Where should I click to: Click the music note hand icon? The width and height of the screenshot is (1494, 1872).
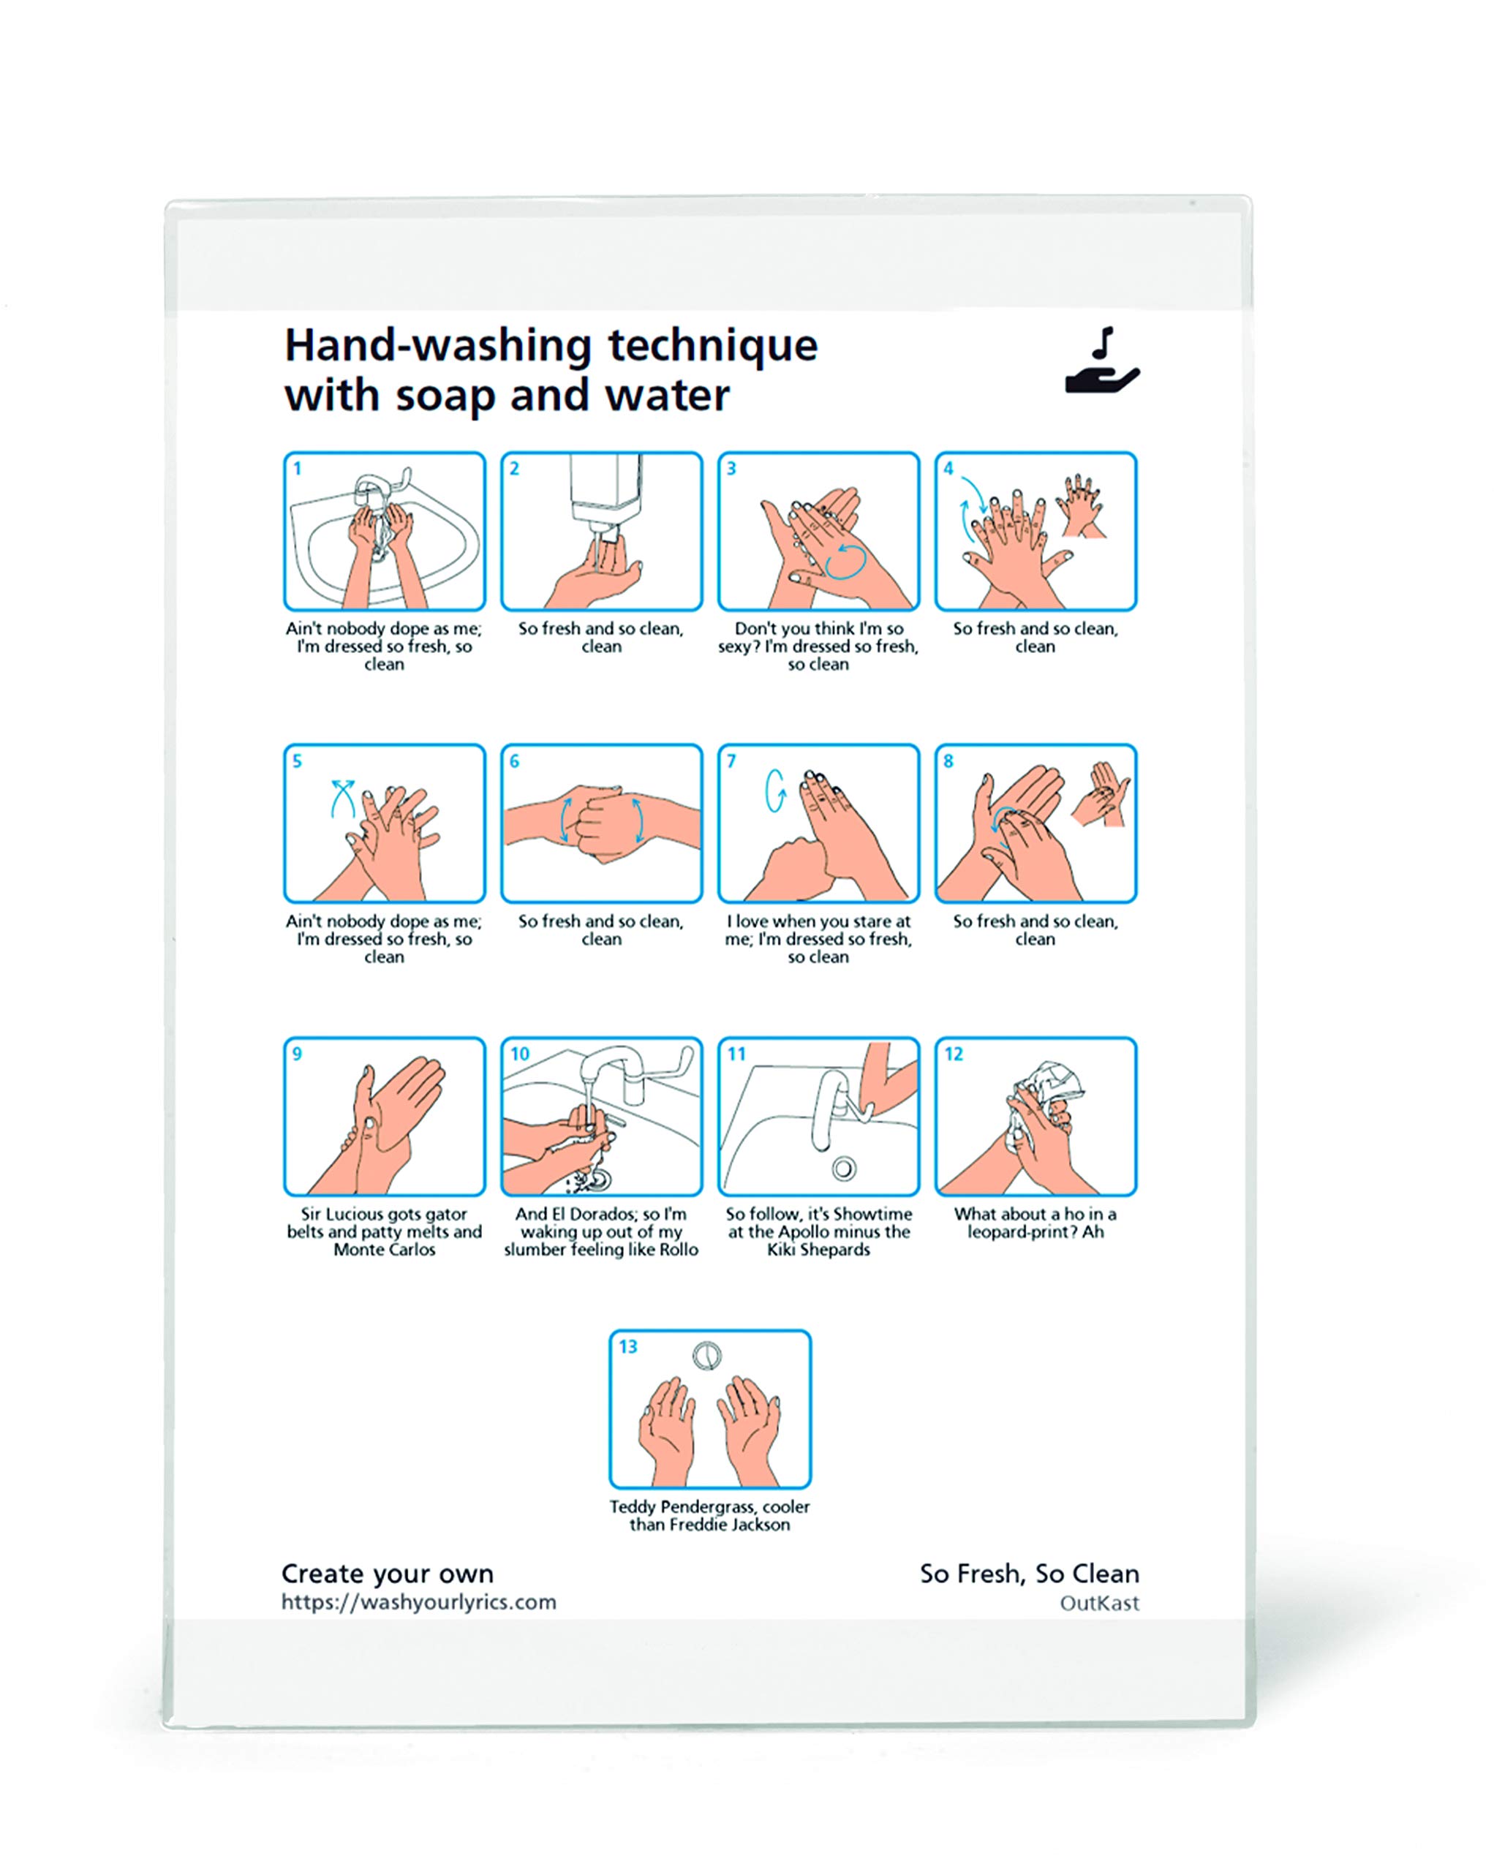(x=1101, y=361)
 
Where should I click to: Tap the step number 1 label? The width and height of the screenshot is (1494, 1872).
(x=298, y=469)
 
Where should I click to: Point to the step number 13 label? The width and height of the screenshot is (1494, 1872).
(x=627, y=1347)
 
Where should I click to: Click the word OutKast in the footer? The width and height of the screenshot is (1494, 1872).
(x=1099, y=1604)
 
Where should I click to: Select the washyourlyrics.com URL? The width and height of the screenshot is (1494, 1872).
(x=418, y=1603)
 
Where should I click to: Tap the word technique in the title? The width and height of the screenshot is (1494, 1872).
(x=712, y=346)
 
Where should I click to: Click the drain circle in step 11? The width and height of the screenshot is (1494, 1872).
(x=844, y=1169)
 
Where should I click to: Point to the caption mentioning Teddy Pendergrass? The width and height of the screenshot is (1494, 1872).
(x=709, y=1516)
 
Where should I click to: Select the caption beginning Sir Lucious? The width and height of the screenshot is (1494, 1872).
(x=384, y=1232)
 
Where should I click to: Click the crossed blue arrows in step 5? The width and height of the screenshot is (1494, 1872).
(x=343, y=797)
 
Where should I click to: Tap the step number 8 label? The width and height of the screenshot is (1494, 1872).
(x=948, y=761)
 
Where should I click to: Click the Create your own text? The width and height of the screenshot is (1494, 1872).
(x=387, y=1574)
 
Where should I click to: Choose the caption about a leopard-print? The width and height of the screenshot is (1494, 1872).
(x=1035, y=1223)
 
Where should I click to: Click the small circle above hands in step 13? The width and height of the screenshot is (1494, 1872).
(x=707, y=1356)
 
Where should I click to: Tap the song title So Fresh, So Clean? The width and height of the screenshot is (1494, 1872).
(x=1030, y=1574)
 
